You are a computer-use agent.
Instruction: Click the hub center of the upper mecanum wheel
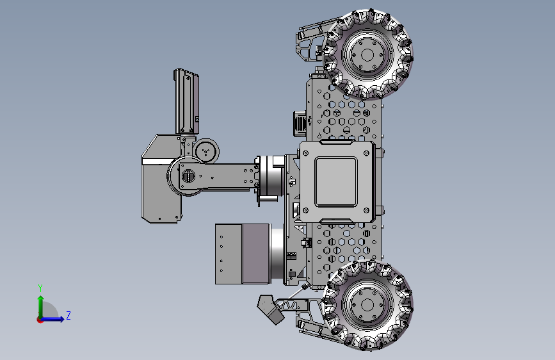click(x=367, y=55)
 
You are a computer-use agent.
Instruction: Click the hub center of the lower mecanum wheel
click(x=367, y=305)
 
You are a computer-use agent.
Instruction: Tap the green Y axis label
click(x=40, y=288)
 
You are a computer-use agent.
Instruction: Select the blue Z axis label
click(x=68, y=315)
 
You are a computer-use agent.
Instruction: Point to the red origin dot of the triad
click(x=40, y=320)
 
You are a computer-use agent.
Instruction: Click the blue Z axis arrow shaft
click(x=51, y=319)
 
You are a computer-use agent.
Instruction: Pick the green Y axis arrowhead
click(x=41, y=299)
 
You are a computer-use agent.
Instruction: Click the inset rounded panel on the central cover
click(x=336, y=181)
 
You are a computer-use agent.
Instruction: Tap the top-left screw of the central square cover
click(x=306, y=153)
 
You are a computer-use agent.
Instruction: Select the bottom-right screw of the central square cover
click(x=367, y=211)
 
